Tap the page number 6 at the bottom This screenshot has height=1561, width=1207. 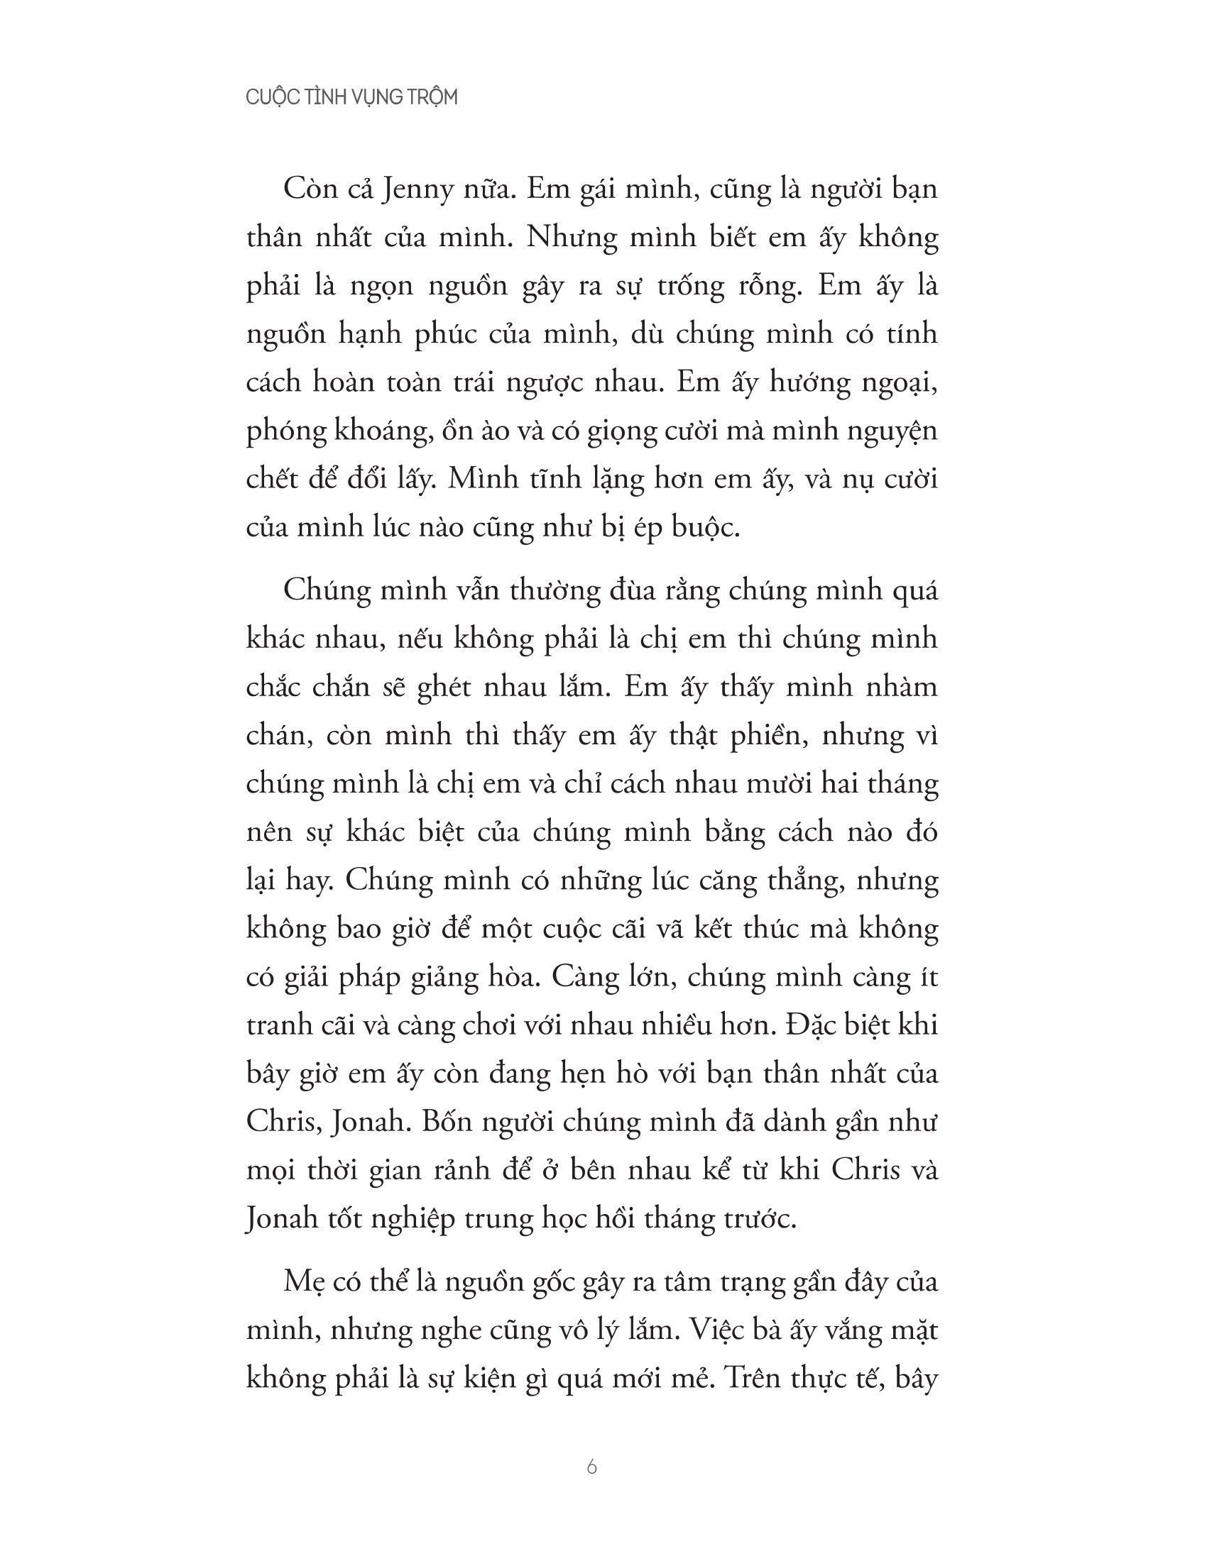point(591,1468)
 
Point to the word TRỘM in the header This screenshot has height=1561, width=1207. point(431,98)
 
